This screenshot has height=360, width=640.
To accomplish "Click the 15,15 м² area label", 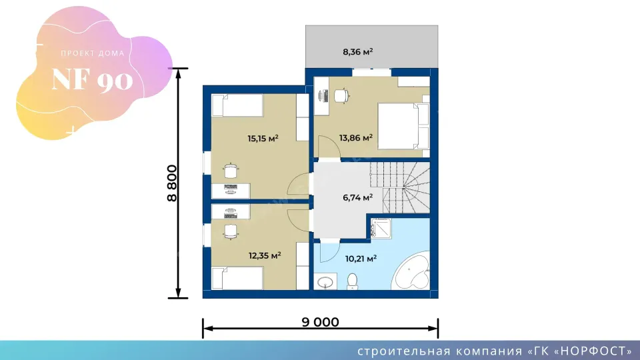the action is pyautogui.click(x=263, y=139).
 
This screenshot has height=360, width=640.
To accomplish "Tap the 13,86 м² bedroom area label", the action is pyautogui.click(x=356, y=137).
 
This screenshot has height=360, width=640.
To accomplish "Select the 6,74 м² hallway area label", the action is pyautogui.click(x=357, y=197).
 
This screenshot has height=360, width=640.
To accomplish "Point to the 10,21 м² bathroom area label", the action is pyautogui.click(x=361, y=259).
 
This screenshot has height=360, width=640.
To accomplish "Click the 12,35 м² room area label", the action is pyautogui.click(x=265, y=256).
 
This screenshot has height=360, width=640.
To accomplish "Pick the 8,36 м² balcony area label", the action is pyautogui.click(x=357, y=52).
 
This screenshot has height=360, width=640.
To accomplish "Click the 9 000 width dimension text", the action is pyautogui.click(x=321, y=322).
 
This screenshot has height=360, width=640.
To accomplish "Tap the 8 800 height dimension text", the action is pyautogui.click(x=172, y=183).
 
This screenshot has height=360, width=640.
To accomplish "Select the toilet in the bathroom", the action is pyautogui.click(x=352, y=281).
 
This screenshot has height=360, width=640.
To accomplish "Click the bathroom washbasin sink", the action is pyautogui.click(x=325, y=281).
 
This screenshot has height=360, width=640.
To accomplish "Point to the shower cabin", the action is pyautogui.click(x=381, y=229).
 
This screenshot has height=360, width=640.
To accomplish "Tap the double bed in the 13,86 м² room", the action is pyautogui.click(x=403, y=126).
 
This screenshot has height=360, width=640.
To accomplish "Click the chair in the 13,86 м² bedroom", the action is pyautogui.click(x=341, y=96).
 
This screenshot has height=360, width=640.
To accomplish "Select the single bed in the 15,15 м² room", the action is pyautogui.click(x=237, y=105).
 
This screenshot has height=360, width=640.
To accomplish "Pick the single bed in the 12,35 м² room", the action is pyautogui.click(x=237, y=279).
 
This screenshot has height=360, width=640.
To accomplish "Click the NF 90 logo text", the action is pyautogui.click(x=92, y=79).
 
